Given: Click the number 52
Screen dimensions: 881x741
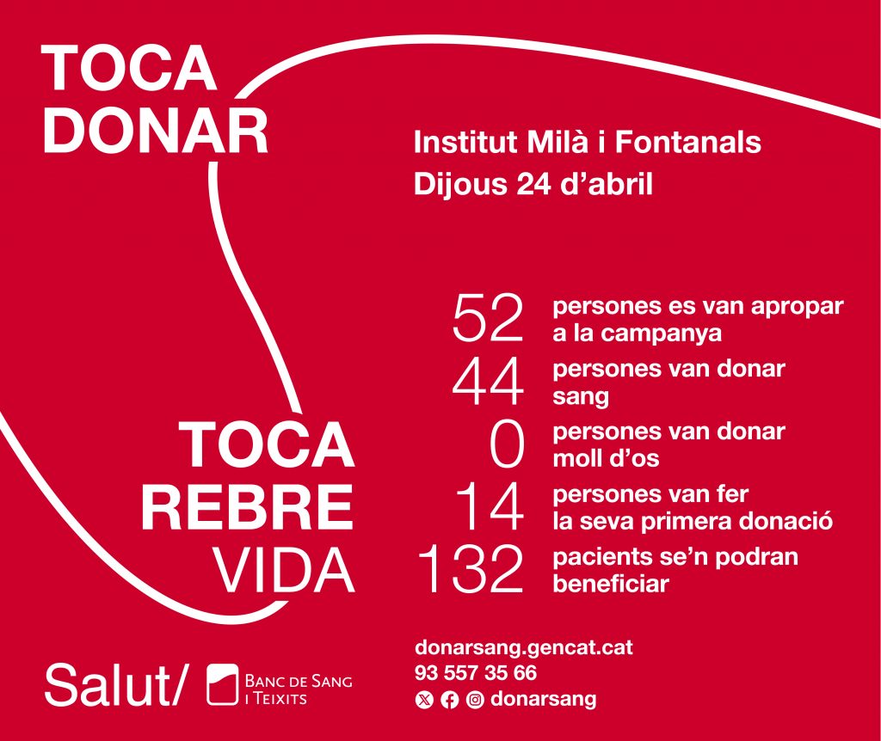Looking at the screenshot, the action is (488, 318).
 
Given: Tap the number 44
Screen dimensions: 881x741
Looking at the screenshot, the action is (488, 383).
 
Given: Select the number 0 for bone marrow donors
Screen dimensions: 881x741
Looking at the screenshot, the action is (507, 446).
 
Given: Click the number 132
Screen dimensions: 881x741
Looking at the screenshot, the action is (471, 570).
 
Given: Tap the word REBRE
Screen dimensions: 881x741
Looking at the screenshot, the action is (247, 509).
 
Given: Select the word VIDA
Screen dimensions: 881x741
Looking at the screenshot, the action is (283, 571).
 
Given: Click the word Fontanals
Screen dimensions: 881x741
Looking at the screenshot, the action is (688, 142).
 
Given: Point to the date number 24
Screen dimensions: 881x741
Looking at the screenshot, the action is (533, 184).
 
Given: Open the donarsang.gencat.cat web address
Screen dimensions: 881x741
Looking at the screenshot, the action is (524, 648).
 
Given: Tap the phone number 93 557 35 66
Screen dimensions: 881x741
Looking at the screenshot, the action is (476, 672).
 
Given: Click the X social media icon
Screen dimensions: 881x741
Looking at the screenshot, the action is (424, 700).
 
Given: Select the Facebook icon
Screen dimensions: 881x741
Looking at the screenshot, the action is (449, 700).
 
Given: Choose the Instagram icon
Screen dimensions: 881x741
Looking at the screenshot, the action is (475, 700).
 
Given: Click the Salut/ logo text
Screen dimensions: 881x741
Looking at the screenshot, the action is (114, 685).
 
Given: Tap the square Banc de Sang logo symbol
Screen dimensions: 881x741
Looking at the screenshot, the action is (223, 684).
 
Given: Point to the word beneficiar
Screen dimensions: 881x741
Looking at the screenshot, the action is (611, 584).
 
